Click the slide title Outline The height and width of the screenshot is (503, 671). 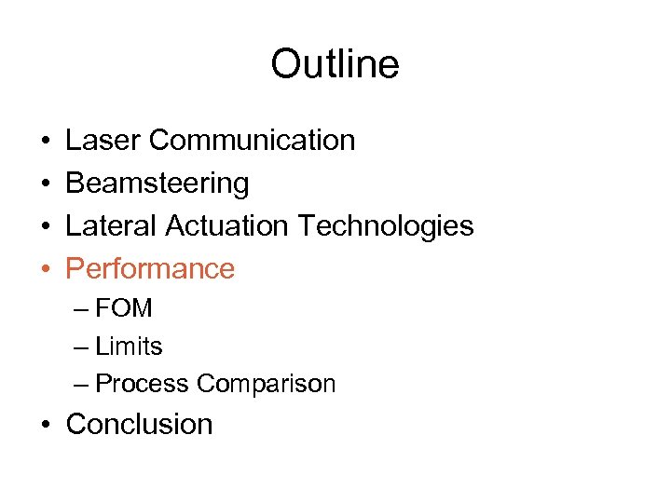point(335,64)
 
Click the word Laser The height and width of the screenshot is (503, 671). point(103,140)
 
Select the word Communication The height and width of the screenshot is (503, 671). point(252,140)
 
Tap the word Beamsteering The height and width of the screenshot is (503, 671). point(157,184)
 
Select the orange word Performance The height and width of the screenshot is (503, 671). point(150,269)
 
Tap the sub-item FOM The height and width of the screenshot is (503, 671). point(124,308)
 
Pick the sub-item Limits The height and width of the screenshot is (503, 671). point(129,347)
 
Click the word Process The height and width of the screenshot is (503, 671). point(144,384)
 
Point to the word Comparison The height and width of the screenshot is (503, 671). point(267,384)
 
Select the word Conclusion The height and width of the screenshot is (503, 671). point(140,424)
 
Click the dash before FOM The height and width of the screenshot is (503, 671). point(79,309)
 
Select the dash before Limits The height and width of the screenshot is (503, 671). point(79,347)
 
